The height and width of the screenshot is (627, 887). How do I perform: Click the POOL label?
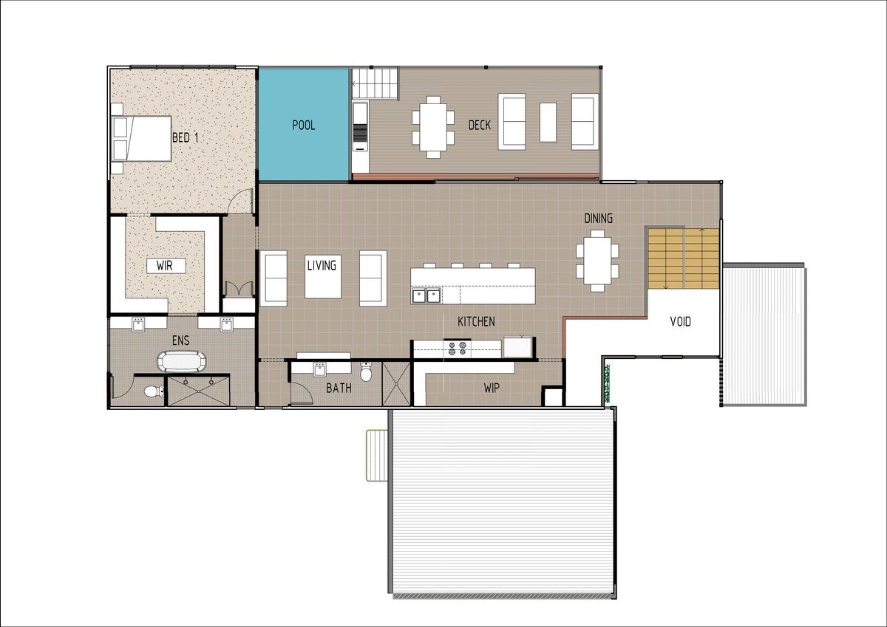point(304,125)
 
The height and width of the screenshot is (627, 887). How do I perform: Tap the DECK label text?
point(480,125)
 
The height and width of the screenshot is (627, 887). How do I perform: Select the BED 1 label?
point(186,137)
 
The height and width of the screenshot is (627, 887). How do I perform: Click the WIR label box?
point(166,265)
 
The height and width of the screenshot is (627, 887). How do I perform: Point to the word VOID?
point(680,321)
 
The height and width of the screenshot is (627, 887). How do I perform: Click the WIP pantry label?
point(492,388)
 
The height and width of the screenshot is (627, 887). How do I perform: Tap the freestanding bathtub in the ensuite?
point(182,361)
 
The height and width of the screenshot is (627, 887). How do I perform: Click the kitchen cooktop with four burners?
point(457,348)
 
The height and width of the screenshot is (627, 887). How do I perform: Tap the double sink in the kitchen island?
point(426,295)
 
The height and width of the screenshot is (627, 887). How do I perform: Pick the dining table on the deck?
point(433,127)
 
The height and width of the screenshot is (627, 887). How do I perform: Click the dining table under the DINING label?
point(597,261)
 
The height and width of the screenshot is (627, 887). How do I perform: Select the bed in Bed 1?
point(142,138)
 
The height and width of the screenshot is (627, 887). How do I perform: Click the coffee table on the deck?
point(548,123)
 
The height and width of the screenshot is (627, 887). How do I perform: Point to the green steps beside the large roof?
point(376,456)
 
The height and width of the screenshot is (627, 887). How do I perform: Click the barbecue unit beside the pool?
point(361,127)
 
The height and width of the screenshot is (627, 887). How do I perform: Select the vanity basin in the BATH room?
point(320,369)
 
